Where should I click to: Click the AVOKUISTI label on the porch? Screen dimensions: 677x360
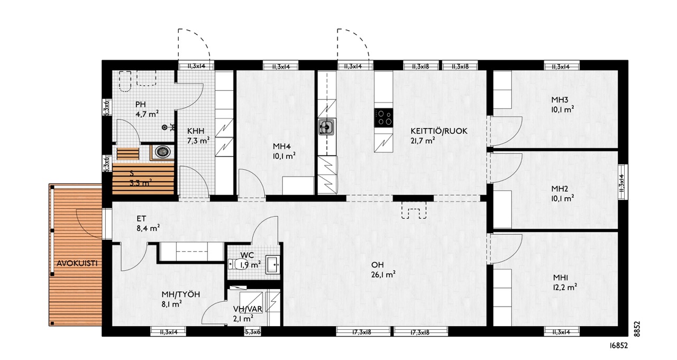click(x=77, y=263)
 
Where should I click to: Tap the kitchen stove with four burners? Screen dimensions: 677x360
click(x=383, y=117)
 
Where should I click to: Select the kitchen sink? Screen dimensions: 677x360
click(x=327, y=126)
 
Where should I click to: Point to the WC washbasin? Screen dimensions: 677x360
click(x=272, y=265)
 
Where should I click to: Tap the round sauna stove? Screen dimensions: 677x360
click(x=162, y=152)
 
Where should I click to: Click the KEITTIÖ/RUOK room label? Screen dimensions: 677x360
click(x=439, y=131)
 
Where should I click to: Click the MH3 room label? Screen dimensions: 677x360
click(x=560, y=100)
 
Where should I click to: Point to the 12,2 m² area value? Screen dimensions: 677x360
click(x=565, y=287)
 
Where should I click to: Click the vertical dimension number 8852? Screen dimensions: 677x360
click(x=637, y=329)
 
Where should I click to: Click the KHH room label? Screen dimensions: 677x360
click(x=196, y=131)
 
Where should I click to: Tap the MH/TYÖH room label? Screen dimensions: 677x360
click(x=181, y=294)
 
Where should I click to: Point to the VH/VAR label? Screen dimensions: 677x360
click(x=248, y=309)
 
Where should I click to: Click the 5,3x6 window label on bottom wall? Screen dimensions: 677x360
click(x=253, y=333)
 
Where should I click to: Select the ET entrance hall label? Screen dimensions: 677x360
click(x=141, y=219)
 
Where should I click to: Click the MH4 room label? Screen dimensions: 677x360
click(x=282, y=146)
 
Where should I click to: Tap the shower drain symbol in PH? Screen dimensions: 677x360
click(x=164, y=127)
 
